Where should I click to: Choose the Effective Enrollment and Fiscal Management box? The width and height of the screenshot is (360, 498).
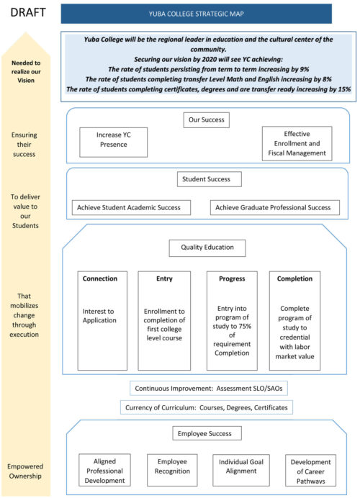[x=297, y=143]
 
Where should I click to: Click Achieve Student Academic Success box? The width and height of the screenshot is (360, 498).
[x=132, y=207]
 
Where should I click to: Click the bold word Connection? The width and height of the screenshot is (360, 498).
[x=100, y=279]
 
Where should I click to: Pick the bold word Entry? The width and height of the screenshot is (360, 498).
[x=164, y=279]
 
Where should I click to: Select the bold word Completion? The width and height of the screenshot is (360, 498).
[x=294, y=279]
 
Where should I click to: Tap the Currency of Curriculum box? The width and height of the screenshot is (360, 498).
[x=207, y=407]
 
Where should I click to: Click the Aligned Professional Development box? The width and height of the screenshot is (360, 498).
[x=104, y=470]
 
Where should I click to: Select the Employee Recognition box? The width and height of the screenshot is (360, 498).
[x=172, y=470]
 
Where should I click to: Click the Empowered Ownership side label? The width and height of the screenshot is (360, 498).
[x=26, y=471]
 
